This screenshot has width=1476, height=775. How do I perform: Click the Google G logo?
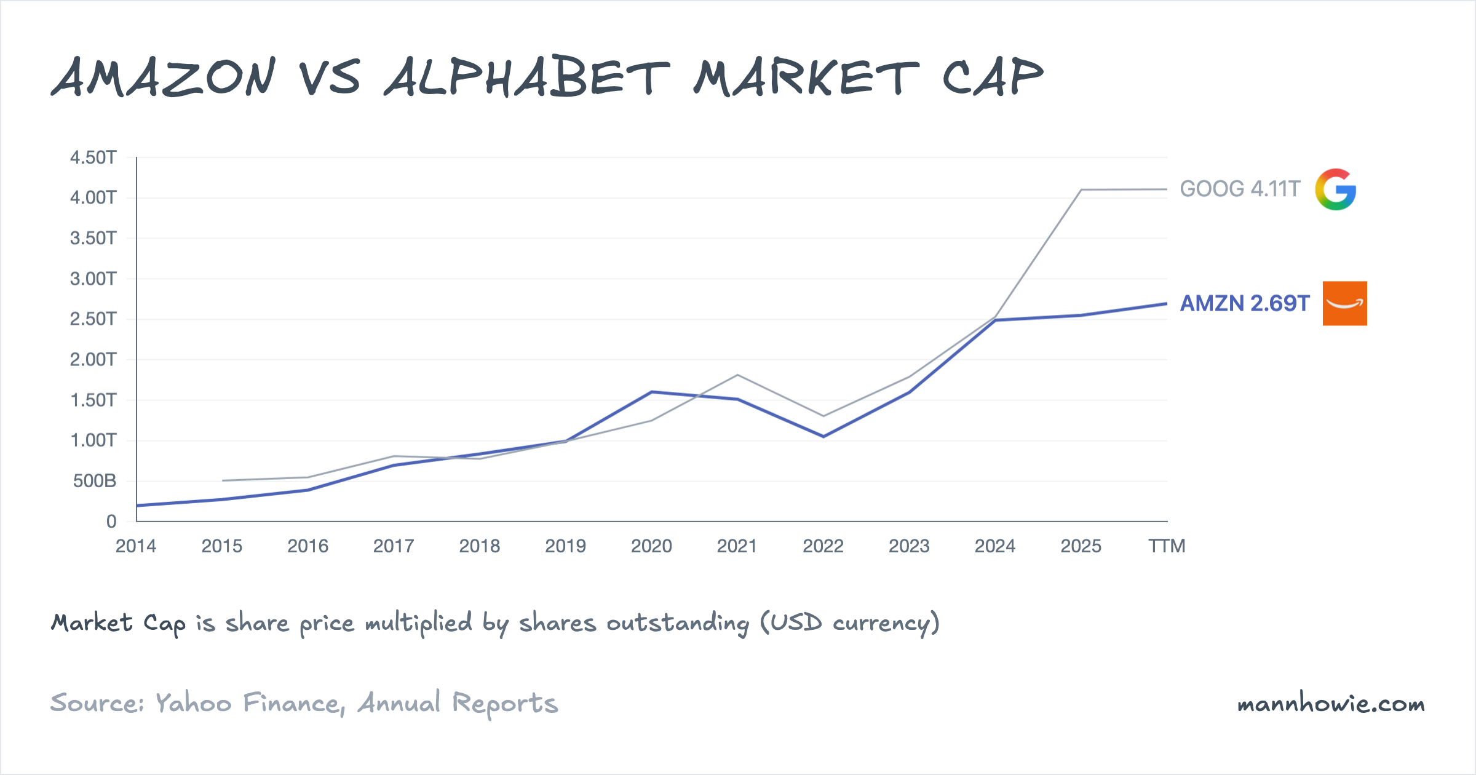click(x=1336, y=189)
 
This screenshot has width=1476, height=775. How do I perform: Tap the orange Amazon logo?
click(x=1344, y=303)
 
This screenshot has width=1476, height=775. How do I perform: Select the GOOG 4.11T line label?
click(x=1240, y=189)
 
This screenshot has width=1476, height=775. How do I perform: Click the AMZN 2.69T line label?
click(x=1245, y=303)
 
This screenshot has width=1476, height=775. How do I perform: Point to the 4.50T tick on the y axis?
click(x=93, y=157)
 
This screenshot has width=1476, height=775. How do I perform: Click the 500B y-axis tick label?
click(x=95, y=481)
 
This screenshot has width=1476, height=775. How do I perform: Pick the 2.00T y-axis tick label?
click(x=93, y=359)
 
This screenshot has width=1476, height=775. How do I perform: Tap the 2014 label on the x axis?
click(x=136, y=546)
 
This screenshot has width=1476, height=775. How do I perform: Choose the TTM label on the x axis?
click(x=1167, y=546)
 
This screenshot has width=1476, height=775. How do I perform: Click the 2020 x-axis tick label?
click(x=651, y=546)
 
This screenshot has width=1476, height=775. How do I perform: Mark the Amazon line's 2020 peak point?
click(x=651, y=392)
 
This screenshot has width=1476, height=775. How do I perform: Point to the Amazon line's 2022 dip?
click(x=823, y=436)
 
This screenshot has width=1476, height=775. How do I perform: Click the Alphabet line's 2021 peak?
click(x=737, y=375)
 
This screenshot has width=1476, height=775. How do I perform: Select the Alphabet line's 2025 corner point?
click(x=1081, y=190)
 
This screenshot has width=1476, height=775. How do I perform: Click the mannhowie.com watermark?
click(x=1331, y=704)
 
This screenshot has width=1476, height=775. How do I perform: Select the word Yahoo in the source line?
click(x=194, y=703)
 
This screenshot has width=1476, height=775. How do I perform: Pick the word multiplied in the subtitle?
click(x=419, y=623)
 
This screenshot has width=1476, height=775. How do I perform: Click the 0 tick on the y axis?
click(x=111, y=522)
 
